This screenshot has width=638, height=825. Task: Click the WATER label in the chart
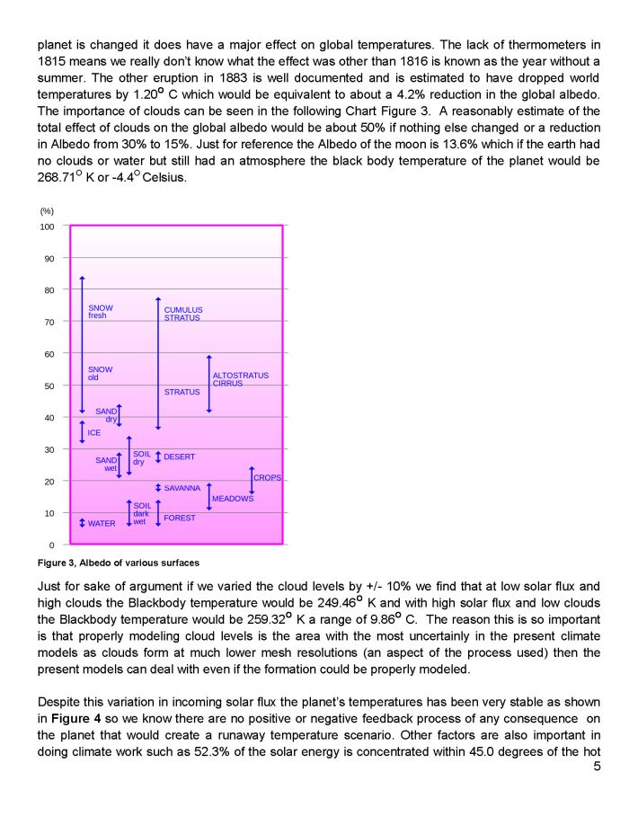click(x=102, y=523)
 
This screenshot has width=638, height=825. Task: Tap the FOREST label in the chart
click(x=180, y=518)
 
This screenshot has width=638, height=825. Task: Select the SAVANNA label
click(x=182, y=488)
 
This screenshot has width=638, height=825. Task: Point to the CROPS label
click(x=268, y=478)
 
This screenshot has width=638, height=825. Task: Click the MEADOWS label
click(x=233, y=499)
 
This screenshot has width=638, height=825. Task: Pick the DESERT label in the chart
click(x=180, y=457)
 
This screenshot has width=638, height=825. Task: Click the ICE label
click(x=94, y=432)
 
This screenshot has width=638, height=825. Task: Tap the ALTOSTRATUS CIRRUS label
click(x=240, y=379)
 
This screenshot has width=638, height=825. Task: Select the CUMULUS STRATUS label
click(x=183, y=314)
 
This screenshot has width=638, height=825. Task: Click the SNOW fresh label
click(x=101, y=312)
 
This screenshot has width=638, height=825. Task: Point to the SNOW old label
click(x=100, y=373)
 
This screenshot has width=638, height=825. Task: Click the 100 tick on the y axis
click(x=47, y=226)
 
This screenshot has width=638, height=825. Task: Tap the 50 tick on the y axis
click(x=49, y=386)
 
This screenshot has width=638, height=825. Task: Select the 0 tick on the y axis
click(x=52, y=545)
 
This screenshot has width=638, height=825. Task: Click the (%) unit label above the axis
click(x=47, y=210)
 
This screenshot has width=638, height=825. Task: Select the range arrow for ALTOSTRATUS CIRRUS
click(x=208, y=384)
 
